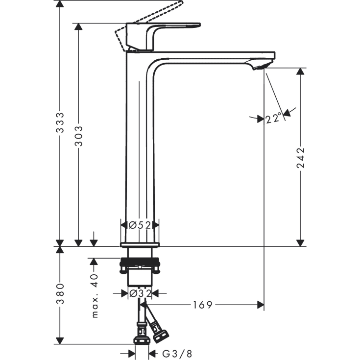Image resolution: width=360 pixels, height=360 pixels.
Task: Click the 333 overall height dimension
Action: tap(60, 122)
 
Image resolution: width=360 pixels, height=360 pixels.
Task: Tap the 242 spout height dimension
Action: tap(300, 158)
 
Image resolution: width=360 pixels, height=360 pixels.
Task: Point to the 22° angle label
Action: tap(274, 118)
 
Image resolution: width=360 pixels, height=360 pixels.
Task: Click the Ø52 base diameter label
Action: tap(139, 225)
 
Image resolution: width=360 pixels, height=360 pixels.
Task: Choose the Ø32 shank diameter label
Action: tap(139, 293)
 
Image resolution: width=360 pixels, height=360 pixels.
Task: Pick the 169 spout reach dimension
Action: tap(202, 305)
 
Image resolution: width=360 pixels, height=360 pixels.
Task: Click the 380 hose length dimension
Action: tap(60, 294)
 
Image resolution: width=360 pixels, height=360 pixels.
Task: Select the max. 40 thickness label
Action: tap(95, 296)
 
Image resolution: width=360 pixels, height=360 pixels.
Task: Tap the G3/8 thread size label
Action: tap(171, 354)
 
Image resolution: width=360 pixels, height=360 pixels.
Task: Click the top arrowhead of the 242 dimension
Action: tap(300, 72)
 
